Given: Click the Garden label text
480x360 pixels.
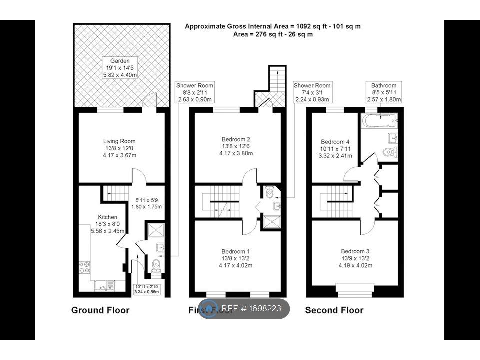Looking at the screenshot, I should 119,67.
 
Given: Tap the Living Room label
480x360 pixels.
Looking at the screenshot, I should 119,148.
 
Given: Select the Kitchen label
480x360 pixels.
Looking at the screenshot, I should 108,224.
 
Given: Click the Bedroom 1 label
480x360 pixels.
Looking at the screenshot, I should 236,258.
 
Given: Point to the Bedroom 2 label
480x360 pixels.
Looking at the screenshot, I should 236,146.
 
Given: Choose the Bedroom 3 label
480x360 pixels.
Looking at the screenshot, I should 355,258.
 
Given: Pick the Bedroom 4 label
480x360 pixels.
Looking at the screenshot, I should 333,148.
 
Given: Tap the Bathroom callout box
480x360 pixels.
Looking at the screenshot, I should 384,93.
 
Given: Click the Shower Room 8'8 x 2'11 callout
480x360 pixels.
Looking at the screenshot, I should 194,93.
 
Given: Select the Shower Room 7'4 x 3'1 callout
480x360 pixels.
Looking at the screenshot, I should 312,93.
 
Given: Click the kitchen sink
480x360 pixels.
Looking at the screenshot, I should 104,285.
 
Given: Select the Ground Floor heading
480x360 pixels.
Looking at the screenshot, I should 100,310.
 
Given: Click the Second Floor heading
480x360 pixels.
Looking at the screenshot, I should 334,310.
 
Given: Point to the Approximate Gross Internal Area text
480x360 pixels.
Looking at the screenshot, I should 272,26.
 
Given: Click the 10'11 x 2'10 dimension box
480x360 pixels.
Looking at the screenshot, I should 146,289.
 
